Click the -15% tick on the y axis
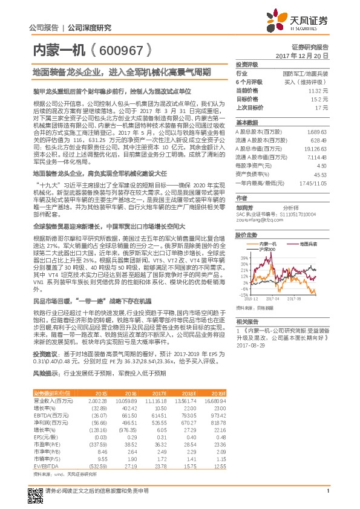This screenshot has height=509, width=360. point(243,295)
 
